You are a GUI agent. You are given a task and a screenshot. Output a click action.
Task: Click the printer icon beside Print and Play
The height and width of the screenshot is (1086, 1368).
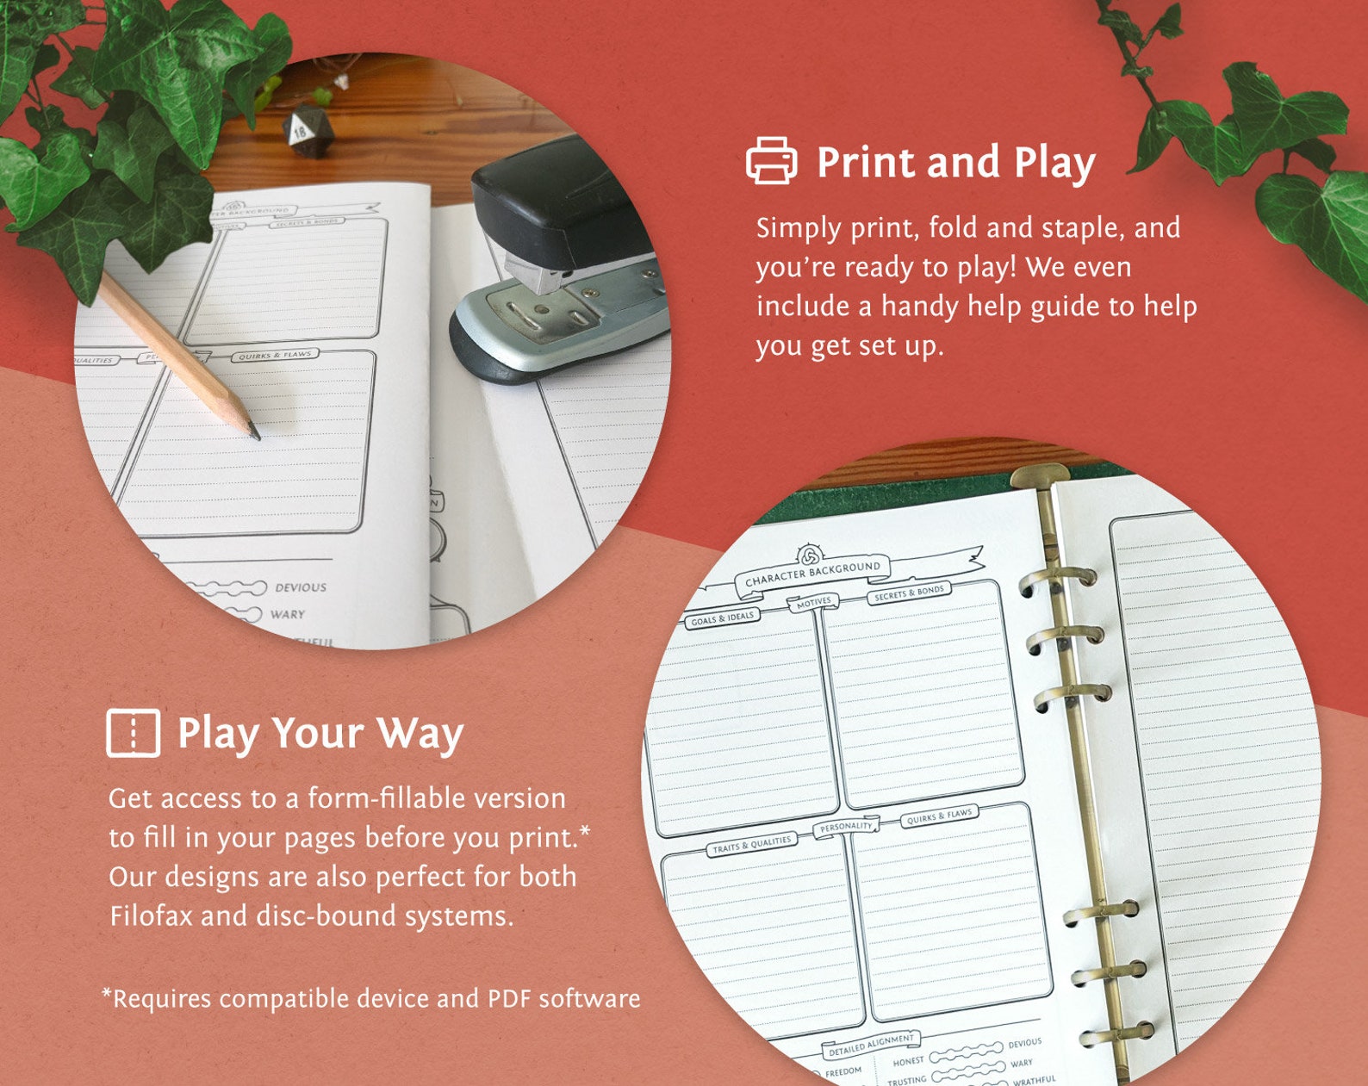tap(771, 161)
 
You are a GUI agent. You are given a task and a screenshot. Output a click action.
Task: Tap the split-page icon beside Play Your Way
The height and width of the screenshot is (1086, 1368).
tap(133, 733)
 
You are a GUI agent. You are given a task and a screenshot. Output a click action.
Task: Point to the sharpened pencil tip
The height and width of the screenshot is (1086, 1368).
tap(254, 433)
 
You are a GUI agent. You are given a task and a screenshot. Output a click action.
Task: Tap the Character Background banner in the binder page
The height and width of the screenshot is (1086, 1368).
tap(812, 573)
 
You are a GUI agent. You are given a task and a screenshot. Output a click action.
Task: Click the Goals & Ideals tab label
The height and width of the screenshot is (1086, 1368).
tap(722, 617)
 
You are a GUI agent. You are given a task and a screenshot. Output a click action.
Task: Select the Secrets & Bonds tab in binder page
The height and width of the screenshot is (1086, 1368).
tap(909, 593)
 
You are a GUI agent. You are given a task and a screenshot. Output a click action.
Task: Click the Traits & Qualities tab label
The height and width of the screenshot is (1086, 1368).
tap(750, 845)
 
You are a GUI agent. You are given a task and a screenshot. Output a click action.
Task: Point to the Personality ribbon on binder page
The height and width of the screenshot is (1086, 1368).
tap(845, 827)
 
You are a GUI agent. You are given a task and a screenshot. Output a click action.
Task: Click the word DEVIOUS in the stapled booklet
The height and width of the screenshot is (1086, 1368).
tap(300, 587)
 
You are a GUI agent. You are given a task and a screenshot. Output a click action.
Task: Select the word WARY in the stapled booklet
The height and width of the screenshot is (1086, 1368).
tap(287, 615)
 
